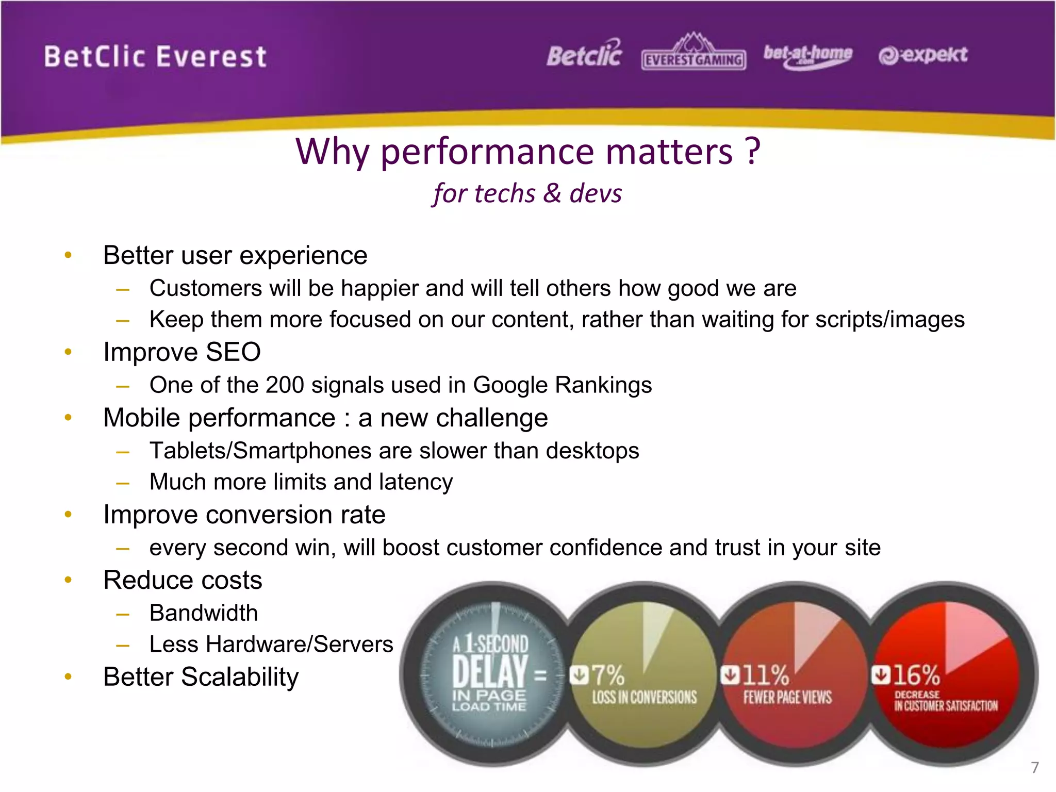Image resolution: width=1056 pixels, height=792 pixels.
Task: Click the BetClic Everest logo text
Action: tap(155, 57)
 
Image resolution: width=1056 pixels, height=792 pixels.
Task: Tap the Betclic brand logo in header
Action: tap(584, 55)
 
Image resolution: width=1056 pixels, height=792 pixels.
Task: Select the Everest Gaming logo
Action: tap(694, 54)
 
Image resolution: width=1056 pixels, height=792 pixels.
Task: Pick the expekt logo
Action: tap(923, 55)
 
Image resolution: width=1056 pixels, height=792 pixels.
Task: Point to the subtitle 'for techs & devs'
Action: tap(527, 194)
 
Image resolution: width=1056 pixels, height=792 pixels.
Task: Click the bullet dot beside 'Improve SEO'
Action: tap(68, 352)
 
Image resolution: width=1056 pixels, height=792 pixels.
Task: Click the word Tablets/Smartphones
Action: tap(260, 451)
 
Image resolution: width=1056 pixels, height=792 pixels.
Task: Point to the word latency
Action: tap(416, 483)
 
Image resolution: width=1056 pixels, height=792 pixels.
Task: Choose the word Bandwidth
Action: tap(204, 613)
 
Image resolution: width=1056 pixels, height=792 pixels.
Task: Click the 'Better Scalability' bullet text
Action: tap(201, 677)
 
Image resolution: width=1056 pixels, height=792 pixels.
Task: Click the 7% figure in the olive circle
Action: tap(607, 674)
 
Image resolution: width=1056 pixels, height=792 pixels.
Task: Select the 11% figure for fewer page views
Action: tap(765, 674)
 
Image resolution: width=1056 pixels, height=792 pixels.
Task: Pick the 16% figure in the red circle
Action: tap(916, 674)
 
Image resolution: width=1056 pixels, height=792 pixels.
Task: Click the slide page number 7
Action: tap(1034, 767)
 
